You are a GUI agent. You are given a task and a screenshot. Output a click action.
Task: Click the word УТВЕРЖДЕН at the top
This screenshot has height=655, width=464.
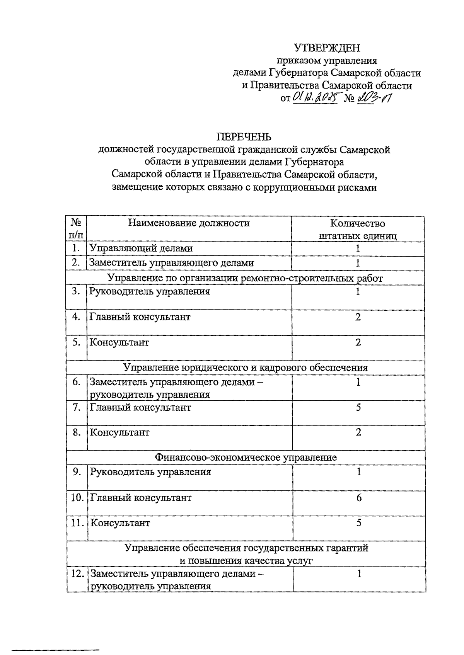coord(327,48)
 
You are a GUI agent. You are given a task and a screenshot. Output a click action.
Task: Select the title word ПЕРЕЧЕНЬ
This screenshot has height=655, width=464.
coord(244,137)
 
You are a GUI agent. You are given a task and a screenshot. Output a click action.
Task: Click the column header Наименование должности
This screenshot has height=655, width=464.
coord(189,223)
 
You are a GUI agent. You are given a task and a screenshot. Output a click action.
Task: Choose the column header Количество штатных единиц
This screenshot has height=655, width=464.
coord(358,230)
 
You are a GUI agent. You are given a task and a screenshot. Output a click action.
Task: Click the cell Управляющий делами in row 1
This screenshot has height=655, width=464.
coord(141,248)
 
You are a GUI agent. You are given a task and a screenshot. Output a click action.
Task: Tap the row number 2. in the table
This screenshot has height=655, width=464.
coord(76,263)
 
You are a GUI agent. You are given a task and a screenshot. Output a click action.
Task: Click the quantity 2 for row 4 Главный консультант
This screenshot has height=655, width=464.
coord(358,317)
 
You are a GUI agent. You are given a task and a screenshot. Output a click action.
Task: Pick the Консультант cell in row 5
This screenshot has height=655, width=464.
coord(119,342)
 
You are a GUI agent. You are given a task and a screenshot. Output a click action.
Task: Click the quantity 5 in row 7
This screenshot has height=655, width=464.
coord(358,407)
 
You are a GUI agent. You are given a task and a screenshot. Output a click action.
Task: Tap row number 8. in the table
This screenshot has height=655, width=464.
coord(77,432)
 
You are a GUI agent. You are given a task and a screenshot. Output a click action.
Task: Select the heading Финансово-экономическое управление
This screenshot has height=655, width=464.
coord(246,458)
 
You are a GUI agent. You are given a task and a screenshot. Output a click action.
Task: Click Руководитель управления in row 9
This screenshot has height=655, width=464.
coord(150,472)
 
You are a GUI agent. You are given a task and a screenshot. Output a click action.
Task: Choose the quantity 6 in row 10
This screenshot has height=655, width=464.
coord(359,497)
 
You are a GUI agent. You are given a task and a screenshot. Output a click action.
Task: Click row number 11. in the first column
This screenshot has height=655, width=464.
coord(77,523)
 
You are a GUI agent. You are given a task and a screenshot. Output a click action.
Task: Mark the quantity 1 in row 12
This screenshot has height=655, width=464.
coord(359,574)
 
